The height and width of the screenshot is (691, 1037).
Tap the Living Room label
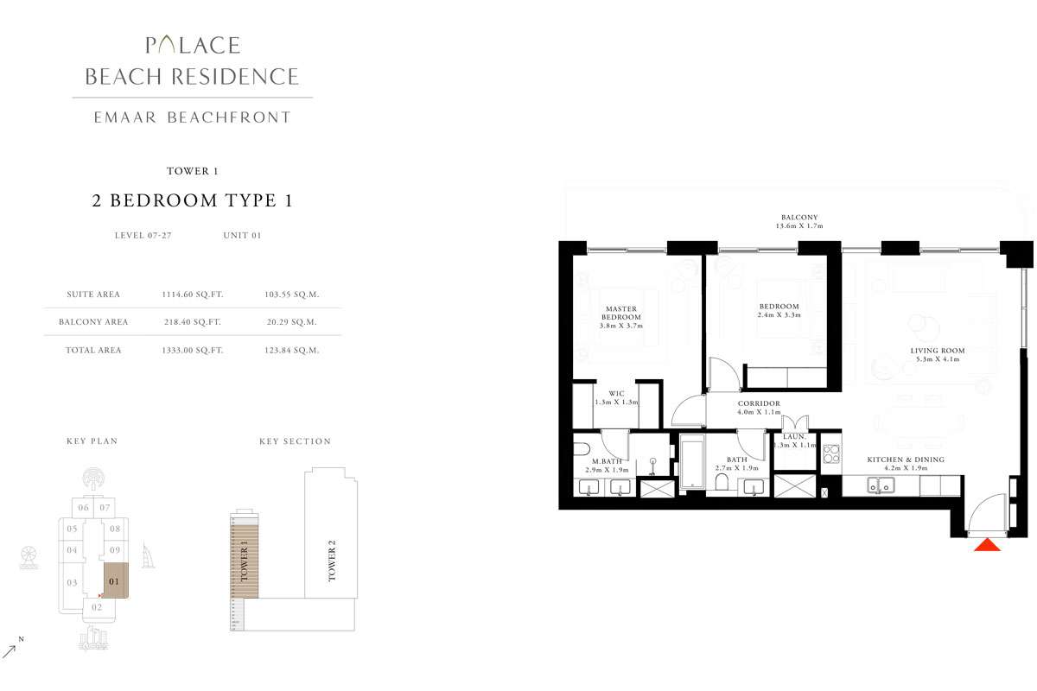pyautogui.click(x=938, y=355)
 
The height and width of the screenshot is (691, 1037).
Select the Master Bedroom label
pyautogui.click(x=621, y=313)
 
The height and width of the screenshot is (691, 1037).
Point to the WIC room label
pyautogui.click(x=616, y=398)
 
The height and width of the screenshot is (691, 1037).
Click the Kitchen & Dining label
pyautogui.click(x=905, y=464)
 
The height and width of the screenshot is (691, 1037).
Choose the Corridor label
pyautogui.click(x=759, y=408)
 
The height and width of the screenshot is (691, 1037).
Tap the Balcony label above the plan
pyautogui.click(x=799, y=221)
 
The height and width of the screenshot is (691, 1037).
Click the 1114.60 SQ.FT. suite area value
pyautogui.click(x=192, y=295)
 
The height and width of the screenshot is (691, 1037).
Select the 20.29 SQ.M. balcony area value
pyautogui.click(x=292, y=322)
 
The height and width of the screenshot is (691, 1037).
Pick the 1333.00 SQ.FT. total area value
pyautogui.click(x=192, y=351)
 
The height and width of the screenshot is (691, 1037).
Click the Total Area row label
pyautogui.click(x=93, y=351)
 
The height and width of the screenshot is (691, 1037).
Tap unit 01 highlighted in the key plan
pyautogui.click(x=115, y=580)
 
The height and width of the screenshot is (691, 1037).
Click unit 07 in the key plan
pyautogui.click(x=105, y=507)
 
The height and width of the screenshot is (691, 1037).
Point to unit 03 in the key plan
pyautogui.click(x=72, y=583)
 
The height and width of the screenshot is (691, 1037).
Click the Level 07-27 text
pyautogui.click(x=143, y=235)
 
